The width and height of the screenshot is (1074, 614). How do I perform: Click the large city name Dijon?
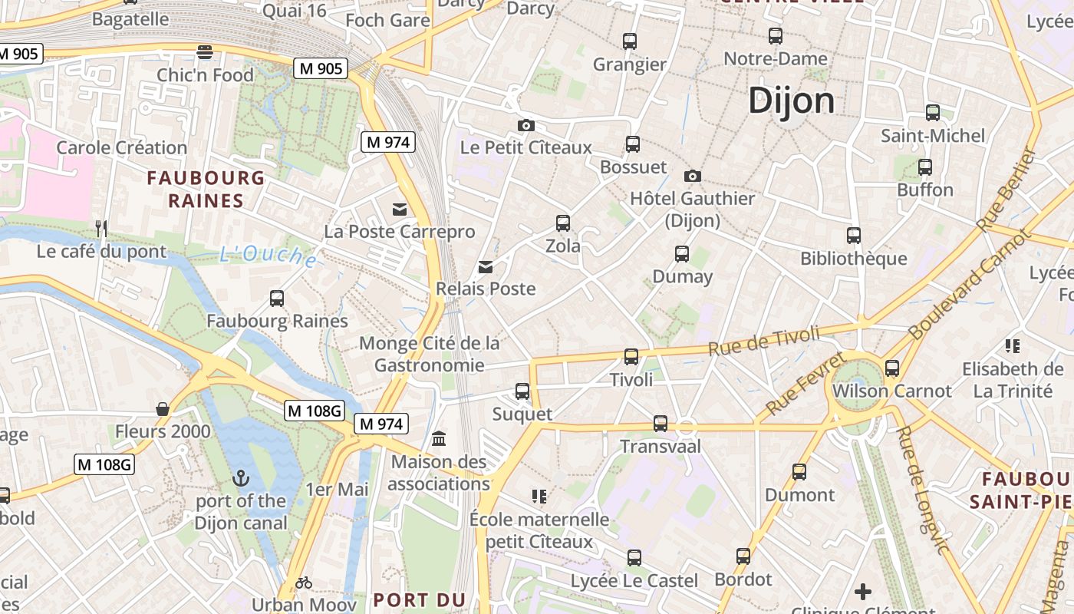click(x=791, y=101)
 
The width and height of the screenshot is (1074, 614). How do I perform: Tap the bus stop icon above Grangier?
click(x=630, y=41)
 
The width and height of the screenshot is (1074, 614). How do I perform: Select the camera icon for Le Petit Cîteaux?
click(x=526, y=125)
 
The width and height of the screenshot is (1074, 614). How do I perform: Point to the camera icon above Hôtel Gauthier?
click(x=693, y=176)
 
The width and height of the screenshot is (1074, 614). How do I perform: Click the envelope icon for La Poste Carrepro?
click(x=400, y=209)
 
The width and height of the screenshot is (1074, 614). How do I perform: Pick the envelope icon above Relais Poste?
click(x=486, y=266)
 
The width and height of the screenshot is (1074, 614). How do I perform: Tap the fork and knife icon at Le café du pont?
click(x=100, y=228)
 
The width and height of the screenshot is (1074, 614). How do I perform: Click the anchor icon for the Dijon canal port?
click(x=241, y=478)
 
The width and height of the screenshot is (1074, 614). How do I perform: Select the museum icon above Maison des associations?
click(x=440, y=439)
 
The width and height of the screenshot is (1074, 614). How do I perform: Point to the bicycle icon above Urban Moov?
click(x=304, y=583)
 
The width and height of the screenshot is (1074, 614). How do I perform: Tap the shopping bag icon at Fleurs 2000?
click(x=163, y=409)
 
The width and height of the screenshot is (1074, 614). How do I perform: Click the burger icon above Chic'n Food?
click(x=205, y=52)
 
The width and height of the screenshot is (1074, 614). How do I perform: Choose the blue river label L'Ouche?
click(x=268, y=256)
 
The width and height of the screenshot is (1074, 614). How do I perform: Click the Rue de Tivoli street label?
click(x=763, y=341)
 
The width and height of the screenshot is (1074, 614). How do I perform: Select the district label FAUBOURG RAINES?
click(x=206, y=190)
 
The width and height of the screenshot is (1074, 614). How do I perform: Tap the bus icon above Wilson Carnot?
click(x=892, y=368)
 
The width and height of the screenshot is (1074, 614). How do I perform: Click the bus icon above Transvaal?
click(x=661, y=423)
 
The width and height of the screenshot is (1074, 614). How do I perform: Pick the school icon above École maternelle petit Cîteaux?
click(x=539, y=497)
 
